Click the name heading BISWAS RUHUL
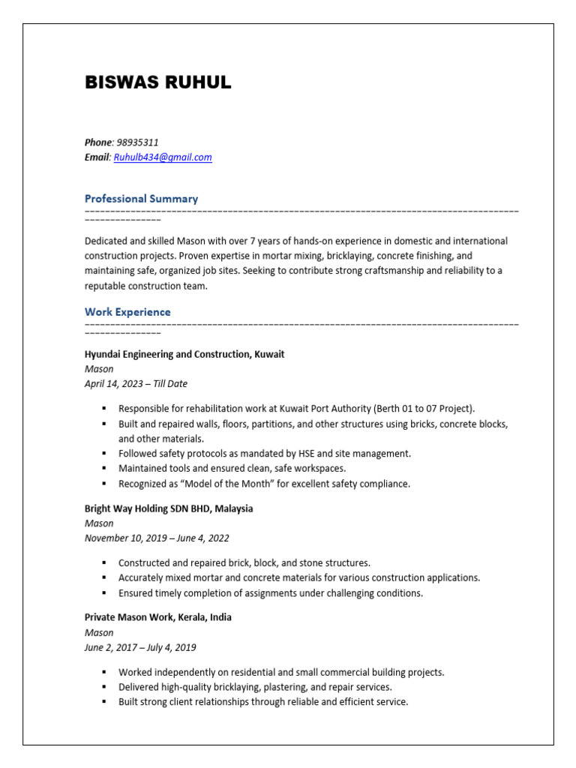pyautogui.click(x=157, y=83)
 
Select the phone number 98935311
pyautogui.click(x=137, y=142)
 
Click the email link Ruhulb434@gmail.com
pyautogui.click(x=163, y=157)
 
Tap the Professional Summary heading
pyautogui.click(x=141, y=199)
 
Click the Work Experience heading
pyautogui.click(x=127, y=312)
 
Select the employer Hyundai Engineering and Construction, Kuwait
pyautogui.click(x=184, y=354)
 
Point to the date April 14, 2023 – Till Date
pyautogui.click(x=136, y=384)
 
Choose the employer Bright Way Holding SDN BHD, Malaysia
pyautogui.click(x=169, y=508)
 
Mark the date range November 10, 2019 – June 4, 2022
pyautogui.click(x=157, y=538)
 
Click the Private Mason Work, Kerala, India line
pyautogui.click(x=157, y=617)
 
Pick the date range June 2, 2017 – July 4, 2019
pyautogui.click(x=140, y=647)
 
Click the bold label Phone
pyautogui.click(x=97, y=142)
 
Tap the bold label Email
pyautogui.click(x=97, y=157)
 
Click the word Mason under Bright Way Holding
pyautogui.click(x=99, y=523)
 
